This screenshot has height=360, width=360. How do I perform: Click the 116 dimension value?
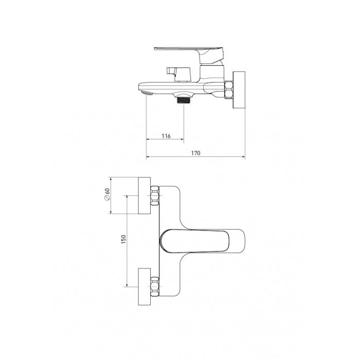pos(166,136)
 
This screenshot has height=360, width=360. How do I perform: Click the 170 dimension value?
pos(196,153)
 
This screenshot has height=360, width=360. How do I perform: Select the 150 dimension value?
pos(123,239)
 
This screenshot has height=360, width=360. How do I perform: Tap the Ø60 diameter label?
pos(107,194)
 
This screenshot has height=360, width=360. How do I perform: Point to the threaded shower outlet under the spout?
pos(184,100)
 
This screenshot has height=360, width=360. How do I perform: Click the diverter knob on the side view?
pos(178,74)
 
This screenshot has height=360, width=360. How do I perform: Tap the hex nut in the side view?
pos(229,90)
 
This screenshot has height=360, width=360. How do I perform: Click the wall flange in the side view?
pos(239,89)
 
